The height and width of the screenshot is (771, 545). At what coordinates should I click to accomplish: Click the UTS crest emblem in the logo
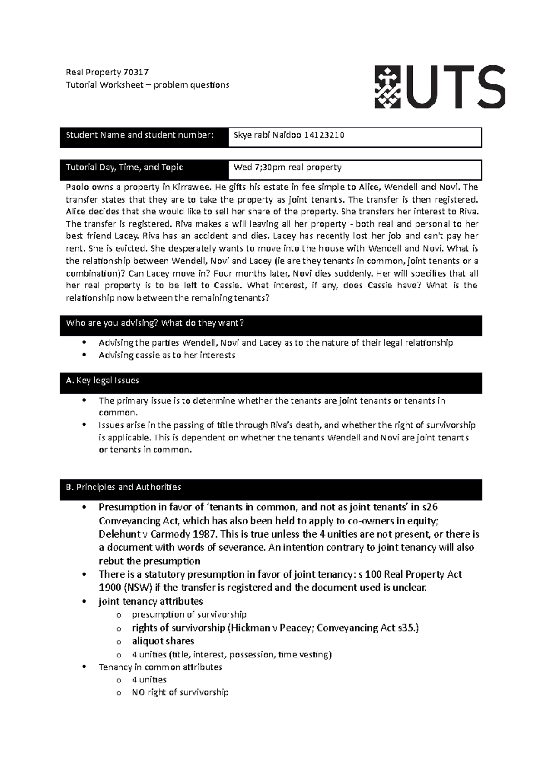[x=387, y=87]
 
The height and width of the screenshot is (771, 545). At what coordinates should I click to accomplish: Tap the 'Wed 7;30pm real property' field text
[x=287, y=167]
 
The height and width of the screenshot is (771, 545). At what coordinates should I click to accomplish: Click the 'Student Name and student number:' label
[x=139, y=135]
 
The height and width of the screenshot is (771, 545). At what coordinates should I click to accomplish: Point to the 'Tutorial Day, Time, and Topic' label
[x=124, y=167]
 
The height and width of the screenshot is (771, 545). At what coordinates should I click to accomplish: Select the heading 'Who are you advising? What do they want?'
[x=155, y=323]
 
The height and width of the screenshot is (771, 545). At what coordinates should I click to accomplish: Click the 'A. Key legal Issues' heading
[x=102, y=380]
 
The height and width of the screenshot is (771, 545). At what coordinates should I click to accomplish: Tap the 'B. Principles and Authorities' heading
[x=123, y=487]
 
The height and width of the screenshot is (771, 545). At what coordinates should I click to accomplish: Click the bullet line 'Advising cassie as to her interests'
[x=167, y=355]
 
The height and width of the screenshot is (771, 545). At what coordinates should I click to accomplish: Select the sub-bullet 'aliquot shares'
[x=163, y=641]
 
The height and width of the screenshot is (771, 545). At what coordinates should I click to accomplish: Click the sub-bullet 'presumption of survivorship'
[x=189, y=614]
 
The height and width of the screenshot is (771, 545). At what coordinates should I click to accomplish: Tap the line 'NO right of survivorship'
[x=180, y=692]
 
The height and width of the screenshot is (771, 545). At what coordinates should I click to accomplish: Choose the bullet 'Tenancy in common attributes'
[x=160, y=667]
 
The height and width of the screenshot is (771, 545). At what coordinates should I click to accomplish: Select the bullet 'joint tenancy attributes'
[x=150, y=601]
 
